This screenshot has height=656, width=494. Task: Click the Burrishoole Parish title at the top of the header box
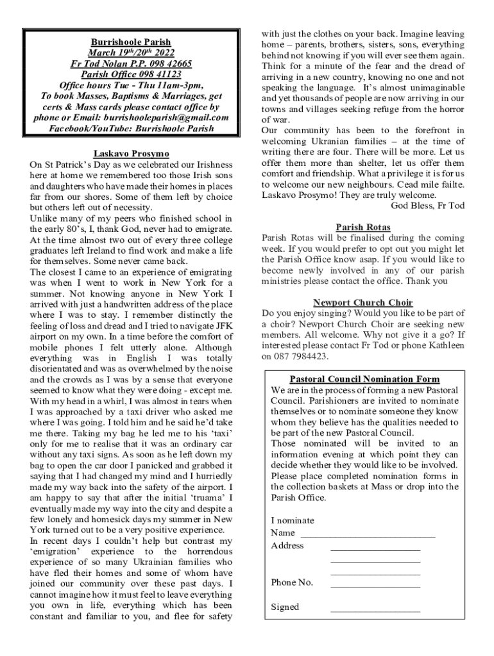pos(131,42)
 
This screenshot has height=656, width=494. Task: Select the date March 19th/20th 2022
pos(131,53)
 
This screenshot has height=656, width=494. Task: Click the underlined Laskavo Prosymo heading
pos(131,154)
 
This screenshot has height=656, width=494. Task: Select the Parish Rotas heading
pos(363,227)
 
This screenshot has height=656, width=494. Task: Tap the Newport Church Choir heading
pos(363,302)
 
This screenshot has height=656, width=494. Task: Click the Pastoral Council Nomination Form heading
pos(364,379)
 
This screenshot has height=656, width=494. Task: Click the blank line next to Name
pos(368,533)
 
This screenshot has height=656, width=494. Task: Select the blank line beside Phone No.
pos(375,583)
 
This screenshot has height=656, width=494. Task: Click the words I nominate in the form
pos(293,521)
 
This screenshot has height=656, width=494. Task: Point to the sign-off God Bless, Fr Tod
pos(427,206)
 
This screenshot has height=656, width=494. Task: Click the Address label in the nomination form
pos(287,546)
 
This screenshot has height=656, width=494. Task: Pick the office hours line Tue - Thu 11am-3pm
pos(131,85)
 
